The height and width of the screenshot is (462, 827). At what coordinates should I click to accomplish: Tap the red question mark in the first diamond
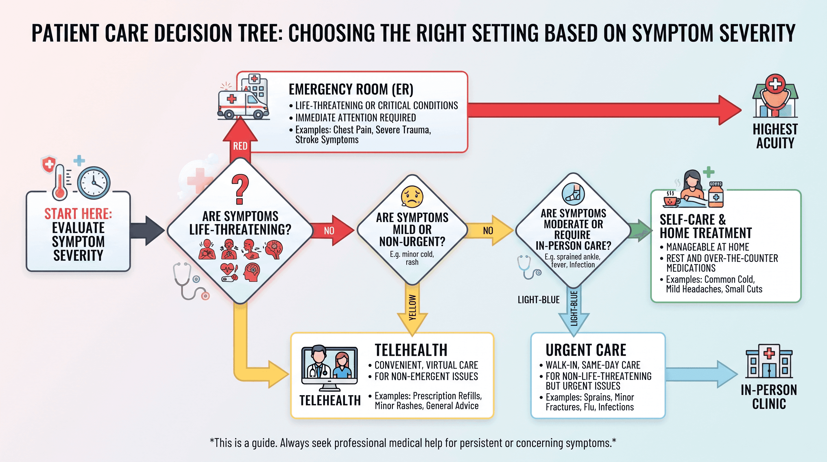pos(240,189)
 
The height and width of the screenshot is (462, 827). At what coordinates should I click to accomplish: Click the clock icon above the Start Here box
pos(93,183)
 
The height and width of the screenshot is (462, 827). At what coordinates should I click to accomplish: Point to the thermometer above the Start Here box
pos(60,182)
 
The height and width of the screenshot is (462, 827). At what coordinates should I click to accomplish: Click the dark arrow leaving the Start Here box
pos(148,231)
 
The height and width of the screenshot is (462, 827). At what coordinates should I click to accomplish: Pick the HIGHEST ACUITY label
pos(775,136)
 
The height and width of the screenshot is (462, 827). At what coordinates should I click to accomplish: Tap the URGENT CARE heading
pos(586,350)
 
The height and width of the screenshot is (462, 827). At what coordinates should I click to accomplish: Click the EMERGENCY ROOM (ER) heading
pos(351,89)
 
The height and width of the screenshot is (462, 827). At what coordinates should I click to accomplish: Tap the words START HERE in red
pos(78,214)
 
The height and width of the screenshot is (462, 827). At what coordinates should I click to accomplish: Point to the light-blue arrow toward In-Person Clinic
pos(702,374)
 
